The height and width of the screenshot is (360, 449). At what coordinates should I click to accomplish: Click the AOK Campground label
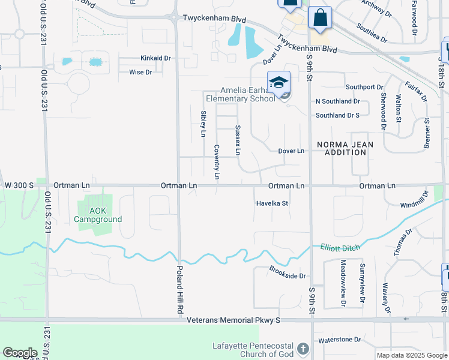(x=98, y=215)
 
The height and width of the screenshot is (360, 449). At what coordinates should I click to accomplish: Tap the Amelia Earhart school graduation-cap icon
(x=279, y=82)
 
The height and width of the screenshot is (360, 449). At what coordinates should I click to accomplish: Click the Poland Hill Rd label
(x=179, y=289)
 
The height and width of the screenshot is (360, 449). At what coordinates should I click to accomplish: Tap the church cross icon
(x=304, y=349)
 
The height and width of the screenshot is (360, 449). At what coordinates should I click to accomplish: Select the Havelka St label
(x=272, y=203)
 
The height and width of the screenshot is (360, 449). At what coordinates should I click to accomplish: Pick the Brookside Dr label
(x=288, y=272)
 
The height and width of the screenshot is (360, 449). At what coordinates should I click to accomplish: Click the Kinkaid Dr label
(x=155, y=58)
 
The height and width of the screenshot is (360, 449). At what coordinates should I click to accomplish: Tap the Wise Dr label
(x=140, y=72)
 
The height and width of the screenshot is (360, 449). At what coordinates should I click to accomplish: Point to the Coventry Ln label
(x=217, y=162)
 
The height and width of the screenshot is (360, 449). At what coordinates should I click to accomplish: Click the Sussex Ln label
(x=238, y=140)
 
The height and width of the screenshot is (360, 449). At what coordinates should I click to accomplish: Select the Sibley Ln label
(x=203, y=124)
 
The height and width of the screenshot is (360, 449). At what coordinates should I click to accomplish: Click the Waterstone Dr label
(x=340, y=340)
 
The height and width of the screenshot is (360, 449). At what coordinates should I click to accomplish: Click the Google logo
(x=20, y=353)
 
